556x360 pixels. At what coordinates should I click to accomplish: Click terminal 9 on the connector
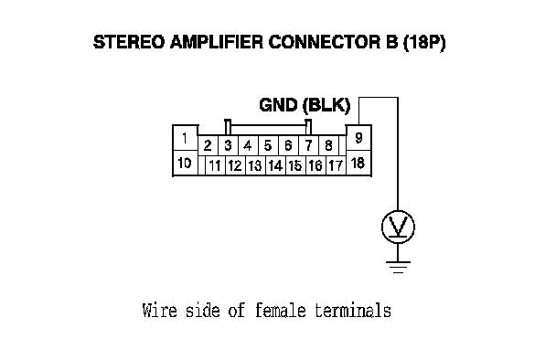coord(358,138)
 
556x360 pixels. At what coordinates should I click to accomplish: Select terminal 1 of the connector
coord(185,138)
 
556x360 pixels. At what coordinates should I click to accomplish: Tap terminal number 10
coord(185,163)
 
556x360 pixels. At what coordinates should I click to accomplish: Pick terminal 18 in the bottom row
coord(358,163)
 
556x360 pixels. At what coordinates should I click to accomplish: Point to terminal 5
coord(268,145)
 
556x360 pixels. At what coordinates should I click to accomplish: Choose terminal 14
coord(275,165)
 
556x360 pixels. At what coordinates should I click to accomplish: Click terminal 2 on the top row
coord(208,145)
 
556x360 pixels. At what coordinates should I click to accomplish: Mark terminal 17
coord(336,165)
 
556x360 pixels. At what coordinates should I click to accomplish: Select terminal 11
coord(215,165)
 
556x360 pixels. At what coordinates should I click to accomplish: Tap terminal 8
coord(328,145)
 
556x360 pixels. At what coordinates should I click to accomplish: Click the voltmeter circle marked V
coord(398,227)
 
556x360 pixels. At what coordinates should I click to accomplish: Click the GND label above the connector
coord(278,105)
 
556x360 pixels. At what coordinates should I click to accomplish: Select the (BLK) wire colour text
coord(326,105)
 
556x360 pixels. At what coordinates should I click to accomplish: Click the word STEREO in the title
coord(129,42)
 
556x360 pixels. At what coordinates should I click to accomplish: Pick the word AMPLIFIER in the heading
coord(217,42)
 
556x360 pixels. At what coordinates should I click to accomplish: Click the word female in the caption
coord(280,310)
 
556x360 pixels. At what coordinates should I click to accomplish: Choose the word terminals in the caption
coord(353,310)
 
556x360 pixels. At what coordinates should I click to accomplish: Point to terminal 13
coord(255,165)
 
